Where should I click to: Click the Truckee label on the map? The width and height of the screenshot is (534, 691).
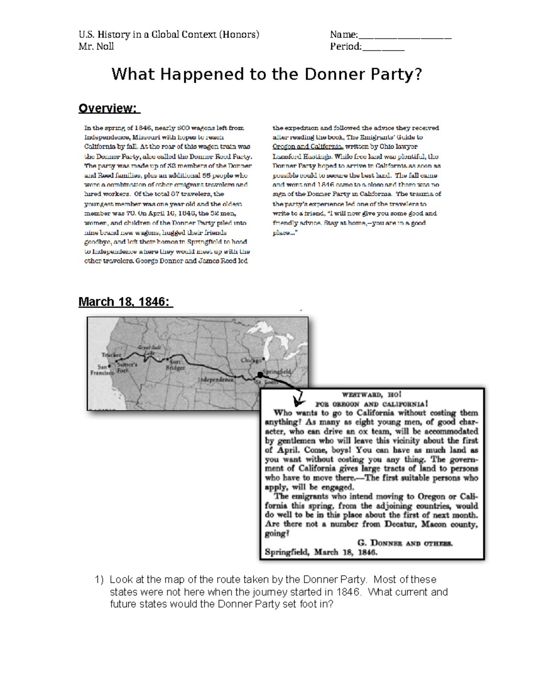point(111,355)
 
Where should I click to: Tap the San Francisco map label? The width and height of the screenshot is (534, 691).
point(102,370)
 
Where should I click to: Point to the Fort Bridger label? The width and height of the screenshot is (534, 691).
point(175,365)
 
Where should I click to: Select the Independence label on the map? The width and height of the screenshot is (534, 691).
point(215,380)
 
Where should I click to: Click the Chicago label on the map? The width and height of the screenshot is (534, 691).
point(251,360)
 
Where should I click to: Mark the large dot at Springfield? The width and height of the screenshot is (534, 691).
point(260,375)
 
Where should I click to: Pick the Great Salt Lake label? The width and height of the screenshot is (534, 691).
point(149,350)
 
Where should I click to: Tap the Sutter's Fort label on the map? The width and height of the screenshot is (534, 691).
point(126,367)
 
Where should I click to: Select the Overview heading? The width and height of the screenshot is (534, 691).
point(109,108)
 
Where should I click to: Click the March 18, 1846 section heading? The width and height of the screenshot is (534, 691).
point(125,302)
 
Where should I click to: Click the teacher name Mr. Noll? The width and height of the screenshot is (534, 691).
point(96,46)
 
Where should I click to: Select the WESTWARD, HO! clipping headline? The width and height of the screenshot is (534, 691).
point(372,394)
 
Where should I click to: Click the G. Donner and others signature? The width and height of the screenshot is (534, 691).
point(405,543)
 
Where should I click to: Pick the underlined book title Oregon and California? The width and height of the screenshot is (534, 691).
point(307,146)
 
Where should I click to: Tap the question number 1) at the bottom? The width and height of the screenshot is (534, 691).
point(99,579)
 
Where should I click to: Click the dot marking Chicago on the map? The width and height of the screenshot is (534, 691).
point(264,358)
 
